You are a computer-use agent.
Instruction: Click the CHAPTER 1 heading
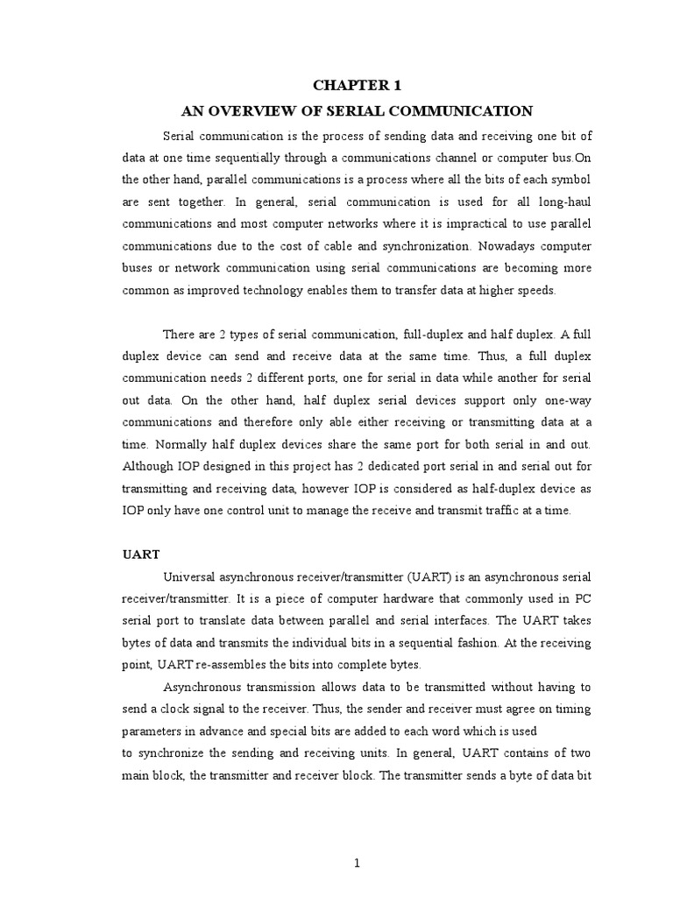[x=356, y=85]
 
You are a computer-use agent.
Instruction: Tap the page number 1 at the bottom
[x=357, y=863]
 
